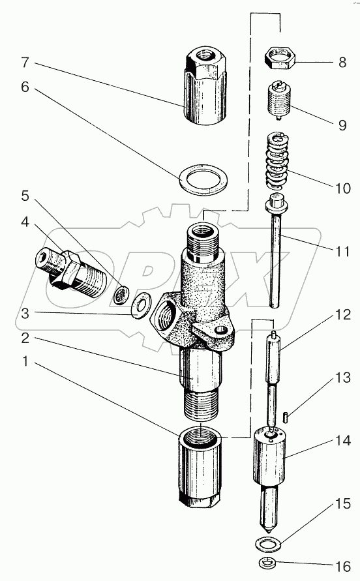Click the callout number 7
(x=25, y=62)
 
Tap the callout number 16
(x=342, y=566)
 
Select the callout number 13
(x=342, y=378)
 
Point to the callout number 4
(x=25, y=222)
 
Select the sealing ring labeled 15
(x=269, y=544)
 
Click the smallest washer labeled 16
(x=267, y=563)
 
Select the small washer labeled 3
(x=141, y=305)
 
